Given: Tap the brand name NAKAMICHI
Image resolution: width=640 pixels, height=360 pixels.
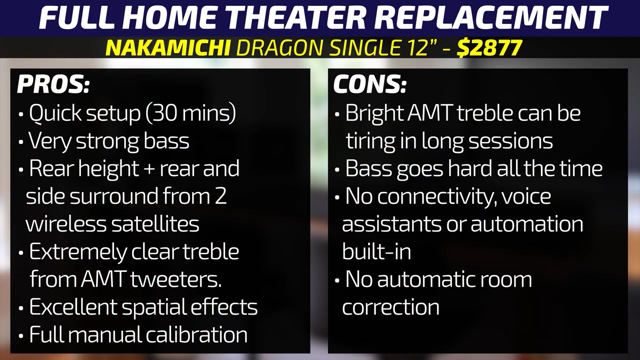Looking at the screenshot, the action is [168, 47].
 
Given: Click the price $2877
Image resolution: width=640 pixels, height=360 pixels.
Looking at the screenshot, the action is [489, 47].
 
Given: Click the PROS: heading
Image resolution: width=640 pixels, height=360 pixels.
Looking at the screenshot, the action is [53, 84].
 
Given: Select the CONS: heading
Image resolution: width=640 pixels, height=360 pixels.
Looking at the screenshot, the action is [369, 84].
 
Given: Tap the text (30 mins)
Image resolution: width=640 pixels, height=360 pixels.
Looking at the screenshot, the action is [191, 113].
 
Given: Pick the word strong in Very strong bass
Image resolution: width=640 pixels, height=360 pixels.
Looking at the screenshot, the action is [107, 141].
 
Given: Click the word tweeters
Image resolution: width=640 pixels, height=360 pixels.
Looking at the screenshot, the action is [176, 279].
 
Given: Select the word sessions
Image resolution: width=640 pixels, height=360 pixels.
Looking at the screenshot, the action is [510, 141].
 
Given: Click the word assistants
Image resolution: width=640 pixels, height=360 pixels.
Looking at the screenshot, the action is [391, 223].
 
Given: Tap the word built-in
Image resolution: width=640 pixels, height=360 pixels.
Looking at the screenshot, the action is [376, 251].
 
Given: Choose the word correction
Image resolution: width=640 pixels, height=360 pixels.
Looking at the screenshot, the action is [391, 307].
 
